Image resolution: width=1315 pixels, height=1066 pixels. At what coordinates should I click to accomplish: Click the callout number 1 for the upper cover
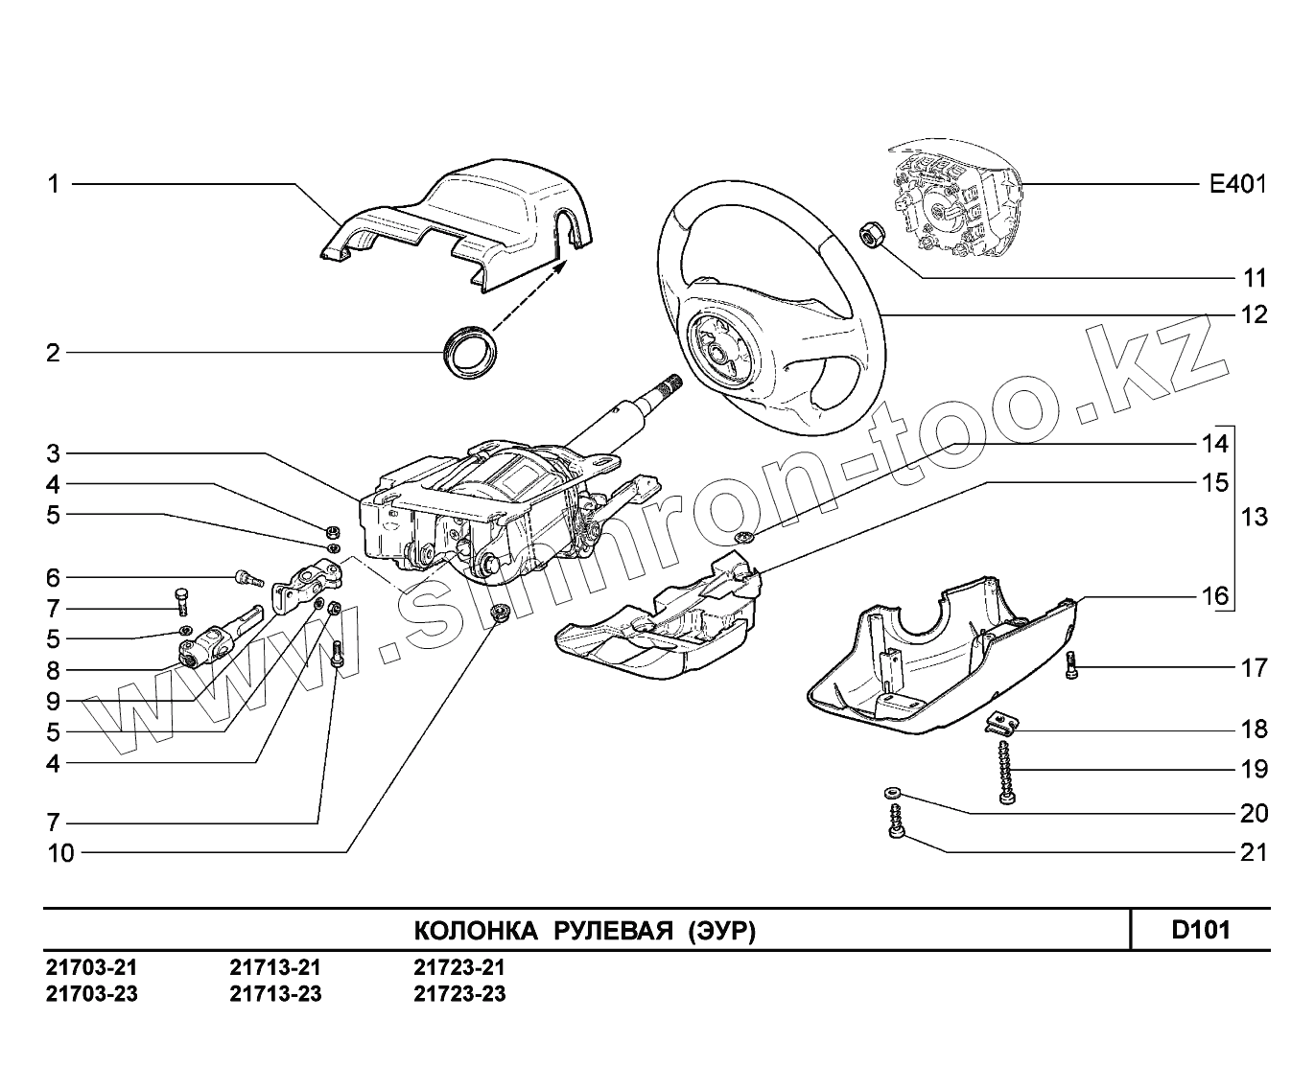[x=55, y=183]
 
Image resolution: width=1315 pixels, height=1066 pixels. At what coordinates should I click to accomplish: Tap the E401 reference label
[x=1237, y=183]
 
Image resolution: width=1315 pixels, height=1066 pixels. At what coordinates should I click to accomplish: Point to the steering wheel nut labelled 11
[x=871, y=234]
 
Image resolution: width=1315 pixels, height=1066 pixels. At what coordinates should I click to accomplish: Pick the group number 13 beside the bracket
[x=1254, y=518]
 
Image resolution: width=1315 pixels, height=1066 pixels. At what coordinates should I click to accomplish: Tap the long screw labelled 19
[x=1005, y=772]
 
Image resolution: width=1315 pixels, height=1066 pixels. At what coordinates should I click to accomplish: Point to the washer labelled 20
[x=891, y=793]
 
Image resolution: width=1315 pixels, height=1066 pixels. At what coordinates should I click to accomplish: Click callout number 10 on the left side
[x=60, y=853]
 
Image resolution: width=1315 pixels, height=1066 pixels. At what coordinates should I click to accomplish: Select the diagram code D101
[x=1200, y=930]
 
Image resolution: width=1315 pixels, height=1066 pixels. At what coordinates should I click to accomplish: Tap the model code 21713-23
[x=275, y=993]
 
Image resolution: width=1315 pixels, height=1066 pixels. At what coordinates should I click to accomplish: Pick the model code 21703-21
[x=91, y=967]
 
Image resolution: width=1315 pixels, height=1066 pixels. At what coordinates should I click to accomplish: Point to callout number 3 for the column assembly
[x=55, y=452]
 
